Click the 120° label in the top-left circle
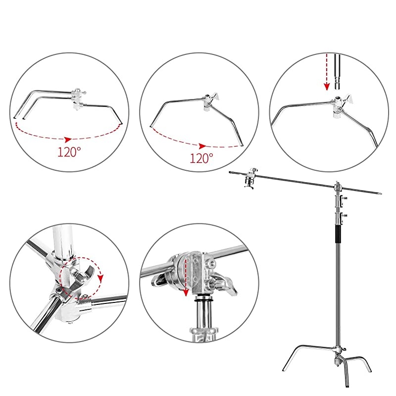point(69,152)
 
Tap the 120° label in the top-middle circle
point(202,158)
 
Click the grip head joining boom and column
point(339,188)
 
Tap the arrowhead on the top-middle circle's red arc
point(201,146)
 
